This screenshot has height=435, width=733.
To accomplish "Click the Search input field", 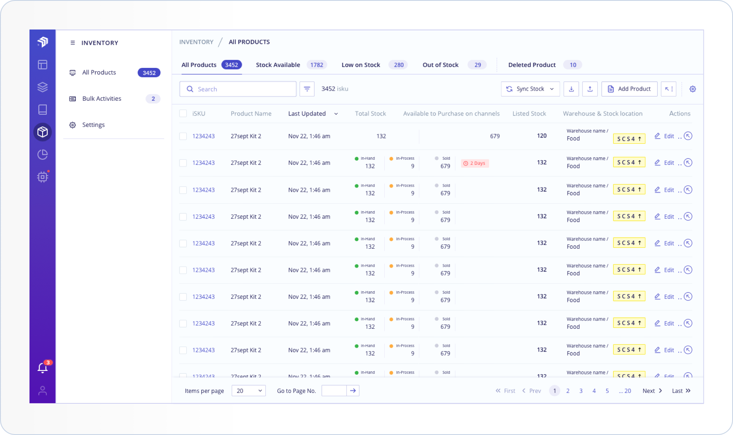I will click(238, 89).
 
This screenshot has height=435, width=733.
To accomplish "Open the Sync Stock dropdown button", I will click(530, 89).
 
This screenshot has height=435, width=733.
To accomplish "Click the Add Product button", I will click(629, 89).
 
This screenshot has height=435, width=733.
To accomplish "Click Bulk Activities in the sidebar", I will click(102, 99).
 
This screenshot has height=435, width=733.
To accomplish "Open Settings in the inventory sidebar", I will click(94, 125).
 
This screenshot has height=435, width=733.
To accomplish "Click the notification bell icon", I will click(43, 368).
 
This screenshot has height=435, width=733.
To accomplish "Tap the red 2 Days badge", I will click(475, 163).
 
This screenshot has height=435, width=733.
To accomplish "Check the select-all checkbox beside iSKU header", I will click(183, 113).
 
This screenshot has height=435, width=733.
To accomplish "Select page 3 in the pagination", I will click(581, 391).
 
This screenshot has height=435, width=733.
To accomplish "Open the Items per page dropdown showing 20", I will click(249, 391).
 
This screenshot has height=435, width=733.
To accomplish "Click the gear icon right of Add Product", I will click(693, 89).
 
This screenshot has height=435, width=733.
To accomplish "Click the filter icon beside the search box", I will click(307, 89).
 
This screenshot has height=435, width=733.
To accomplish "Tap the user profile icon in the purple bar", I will click(43, 391).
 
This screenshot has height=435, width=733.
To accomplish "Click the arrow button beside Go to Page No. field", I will click(353, 391).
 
